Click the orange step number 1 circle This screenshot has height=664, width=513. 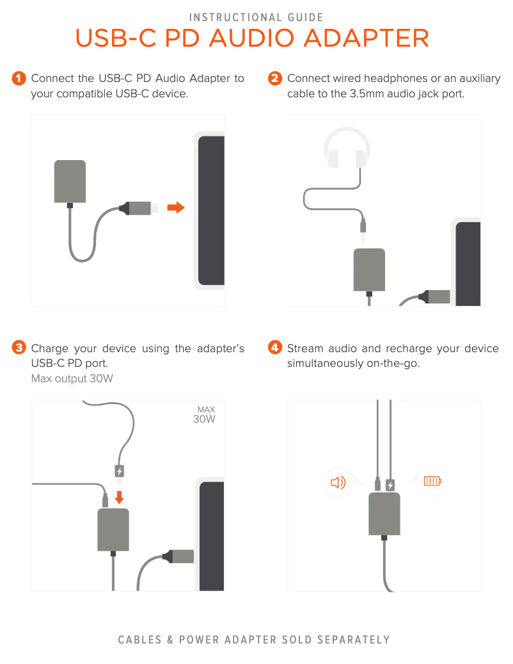19,79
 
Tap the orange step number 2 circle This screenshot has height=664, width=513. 275,79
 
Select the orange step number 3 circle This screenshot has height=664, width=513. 19,348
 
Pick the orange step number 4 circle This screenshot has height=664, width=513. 275,348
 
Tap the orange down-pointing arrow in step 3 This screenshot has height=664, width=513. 120,496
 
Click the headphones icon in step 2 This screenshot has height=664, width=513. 346,149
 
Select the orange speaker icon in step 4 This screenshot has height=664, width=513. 337,482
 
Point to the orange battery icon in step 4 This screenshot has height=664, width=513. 433,481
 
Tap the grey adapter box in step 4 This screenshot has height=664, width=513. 384,514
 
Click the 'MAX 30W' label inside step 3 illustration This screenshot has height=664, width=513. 205,415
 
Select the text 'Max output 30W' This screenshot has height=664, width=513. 72,378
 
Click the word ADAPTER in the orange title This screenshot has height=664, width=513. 367,38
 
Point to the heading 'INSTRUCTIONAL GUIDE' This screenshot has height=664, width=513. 256,17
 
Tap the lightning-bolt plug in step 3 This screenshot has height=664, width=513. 120,472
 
